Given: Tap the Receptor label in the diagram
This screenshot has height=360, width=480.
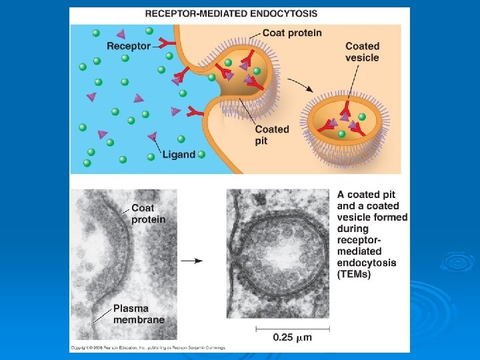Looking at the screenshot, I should pyautogui.click(x=128, y=46).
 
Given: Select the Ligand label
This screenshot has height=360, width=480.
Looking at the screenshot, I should pyautogui.click(x=179, y=154).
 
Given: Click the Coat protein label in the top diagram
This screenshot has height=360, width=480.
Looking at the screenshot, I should pyautogui.click(x=292, y=33).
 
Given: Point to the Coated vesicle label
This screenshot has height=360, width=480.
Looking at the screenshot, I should pyautogui.click(x=362, y=52).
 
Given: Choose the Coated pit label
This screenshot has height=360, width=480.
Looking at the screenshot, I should pyautogui.click(x=272, y=135).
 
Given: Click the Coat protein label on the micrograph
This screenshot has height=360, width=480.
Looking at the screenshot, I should pyautogui.click(x=148, y=213).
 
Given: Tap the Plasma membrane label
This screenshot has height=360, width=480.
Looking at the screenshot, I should pyautogui.click(x=139, y=314).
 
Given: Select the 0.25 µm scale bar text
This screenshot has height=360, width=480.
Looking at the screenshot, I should pyautogui.click(x=293, y=337).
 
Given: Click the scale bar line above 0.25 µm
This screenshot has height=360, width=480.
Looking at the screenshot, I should pyautogui.click(x=293, y=327).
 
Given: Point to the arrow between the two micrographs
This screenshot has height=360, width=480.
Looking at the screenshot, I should pyautogui.click(x=193, y=261).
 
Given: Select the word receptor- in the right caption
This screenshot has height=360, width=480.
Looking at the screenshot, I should pyautogui.click(x=361, y=240).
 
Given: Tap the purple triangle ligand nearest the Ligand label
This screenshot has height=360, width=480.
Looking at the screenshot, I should pyautogui.click(x=153, y=137).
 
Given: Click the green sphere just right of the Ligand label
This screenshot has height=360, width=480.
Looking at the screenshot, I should pyautogui.click(x=201, y=154).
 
